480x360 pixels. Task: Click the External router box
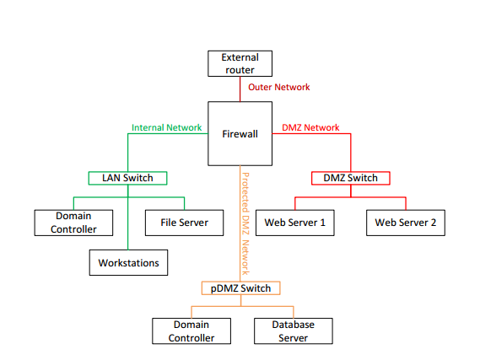coord(240,63)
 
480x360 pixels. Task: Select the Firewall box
coord(240,134)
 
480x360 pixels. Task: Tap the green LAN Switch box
coord(127,178)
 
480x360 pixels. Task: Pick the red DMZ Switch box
coord(351,178)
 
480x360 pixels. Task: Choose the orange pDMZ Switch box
coord(241,288)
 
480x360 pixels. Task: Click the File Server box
coord(184,223)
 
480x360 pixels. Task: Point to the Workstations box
coord(128,263)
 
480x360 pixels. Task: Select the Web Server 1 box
coord(295,223)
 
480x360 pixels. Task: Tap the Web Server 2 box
coord(406,223)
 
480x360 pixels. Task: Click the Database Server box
coord(294,331)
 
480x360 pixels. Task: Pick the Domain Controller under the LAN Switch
coord(73,223)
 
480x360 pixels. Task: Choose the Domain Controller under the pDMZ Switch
coord(191,331)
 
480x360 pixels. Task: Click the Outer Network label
coord(279,87)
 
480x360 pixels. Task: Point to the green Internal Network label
coord(166,127)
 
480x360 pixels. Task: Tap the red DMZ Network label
coord(310,127)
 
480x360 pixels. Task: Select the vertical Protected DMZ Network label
coord(245,223)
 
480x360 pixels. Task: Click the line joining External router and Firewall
coord(240,89)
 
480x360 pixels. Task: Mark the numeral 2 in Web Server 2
coord(433,223)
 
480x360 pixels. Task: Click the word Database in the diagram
coord(294,325)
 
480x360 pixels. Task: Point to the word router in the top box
coord(240,70)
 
